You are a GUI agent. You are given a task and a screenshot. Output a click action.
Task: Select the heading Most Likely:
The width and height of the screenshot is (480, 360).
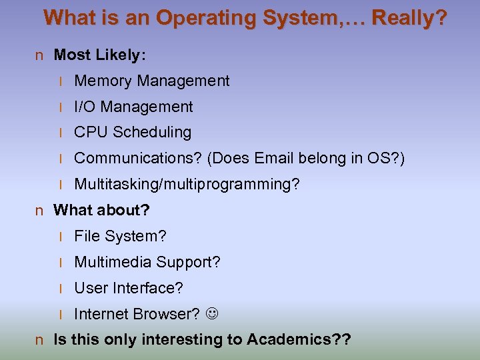click(x=100, y=55)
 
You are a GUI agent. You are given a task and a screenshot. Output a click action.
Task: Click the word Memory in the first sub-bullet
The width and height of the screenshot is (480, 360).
click(x=103, y=81)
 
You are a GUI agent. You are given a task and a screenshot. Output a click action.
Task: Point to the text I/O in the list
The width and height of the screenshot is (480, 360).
click(x=85, y=107)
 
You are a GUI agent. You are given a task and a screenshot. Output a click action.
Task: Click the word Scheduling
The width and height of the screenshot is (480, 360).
click(x=152, y=132)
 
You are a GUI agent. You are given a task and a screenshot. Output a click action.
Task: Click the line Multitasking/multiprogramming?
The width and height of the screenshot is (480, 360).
click(x=187, y=184)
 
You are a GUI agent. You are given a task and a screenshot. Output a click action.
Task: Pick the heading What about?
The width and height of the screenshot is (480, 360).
click(x=101, y=210)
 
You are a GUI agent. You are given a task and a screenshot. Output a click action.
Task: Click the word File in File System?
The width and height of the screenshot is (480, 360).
click(x=87, y=236)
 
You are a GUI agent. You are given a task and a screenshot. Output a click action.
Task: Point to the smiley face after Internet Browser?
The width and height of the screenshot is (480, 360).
click(x=212, y=314)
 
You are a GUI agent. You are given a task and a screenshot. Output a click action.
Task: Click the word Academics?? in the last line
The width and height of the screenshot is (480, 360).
click(x=299, y=339)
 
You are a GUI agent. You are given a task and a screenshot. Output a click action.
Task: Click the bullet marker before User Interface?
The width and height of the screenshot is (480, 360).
click(x=61, y=289)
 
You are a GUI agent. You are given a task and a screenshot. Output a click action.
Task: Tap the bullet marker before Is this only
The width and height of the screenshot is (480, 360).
click(x=39, y=340)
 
